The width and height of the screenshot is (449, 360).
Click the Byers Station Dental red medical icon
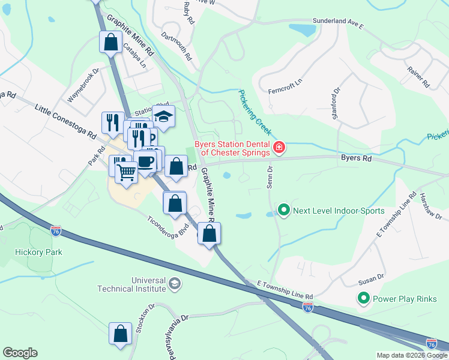(x=279, y=147)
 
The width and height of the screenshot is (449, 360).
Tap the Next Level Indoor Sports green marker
(x=283, y=210)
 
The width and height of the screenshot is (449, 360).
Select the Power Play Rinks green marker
(x=363, y=298)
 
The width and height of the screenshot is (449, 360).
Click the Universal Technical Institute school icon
(x=175, y=283)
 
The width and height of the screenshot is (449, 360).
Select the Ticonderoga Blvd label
(x=168, y=225)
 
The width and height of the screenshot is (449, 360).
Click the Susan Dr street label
(x=372, y=278)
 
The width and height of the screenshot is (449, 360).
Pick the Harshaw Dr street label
(x=431, y=206)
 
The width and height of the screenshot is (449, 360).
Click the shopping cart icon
(x=126, y=173)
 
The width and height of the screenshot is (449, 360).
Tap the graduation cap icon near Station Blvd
(x=163, y=116)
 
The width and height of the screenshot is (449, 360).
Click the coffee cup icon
(x=145, y=161)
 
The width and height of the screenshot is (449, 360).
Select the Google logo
(x=20, y=353)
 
